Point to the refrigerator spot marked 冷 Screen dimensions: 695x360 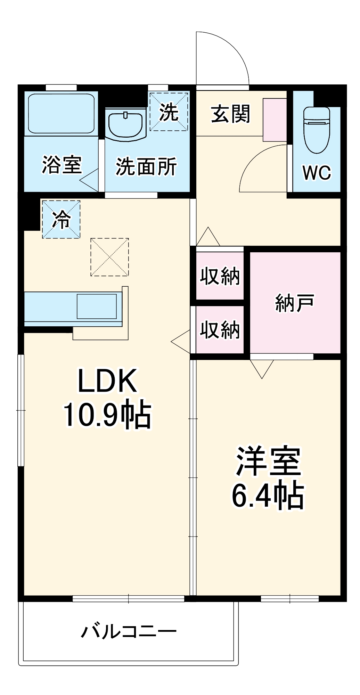coord(61,219)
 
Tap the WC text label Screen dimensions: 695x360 coord(317,172)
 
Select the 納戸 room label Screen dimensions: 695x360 coord(295,303)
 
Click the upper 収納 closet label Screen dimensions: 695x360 coord(220,276)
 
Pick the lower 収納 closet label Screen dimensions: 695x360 coord(220,330)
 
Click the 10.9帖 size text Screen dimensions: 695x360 coord(107,415)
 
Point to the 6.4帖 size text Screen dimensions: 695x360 coord(268,496)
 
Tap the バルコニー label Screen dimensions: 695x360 coord(129,631)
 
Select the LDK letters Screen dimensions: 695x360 coord(107,381)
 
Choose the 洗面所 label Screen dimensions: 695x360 coord(146,166)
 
